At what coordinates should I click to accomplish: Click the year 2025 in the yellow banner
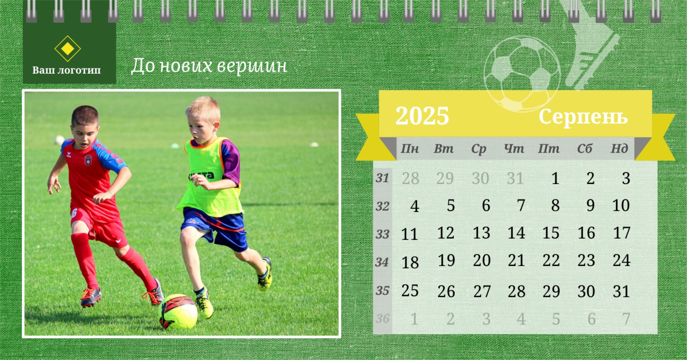pos(422,115)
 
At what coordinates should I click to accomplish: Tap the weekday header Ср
pos(479,149)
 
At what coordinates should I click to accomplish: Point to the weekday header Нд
pos(619,148)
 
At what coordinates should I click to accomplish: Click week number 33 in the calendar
pos(382,235)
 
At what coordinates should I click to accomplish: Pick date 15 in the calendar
pos(551,233)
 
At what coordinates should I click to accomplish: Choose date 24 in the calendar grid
pos(622,260)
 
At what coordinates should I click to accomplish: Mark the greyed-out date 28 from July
pos(410,178)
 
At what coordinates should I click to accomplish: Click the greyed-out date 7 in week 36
pos(626,319)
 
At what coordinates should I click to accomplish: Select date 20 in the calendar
pos(481,260)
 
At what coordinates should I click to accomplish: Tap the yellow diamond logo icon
pos(67,49)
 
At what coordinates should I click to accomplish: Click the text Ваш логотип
pos(66,70)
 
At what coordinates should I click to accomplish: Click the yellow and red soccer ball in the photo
pos(178,311)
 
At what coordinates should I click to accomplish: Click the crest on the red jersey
pos(88,160)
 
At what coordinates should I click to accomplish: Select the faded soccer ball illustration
pos(522,74)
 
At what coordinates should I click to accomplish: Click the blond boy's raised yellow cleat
pos(265,274)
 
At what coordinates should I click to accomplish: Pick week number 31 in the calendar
pos(382,178)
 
